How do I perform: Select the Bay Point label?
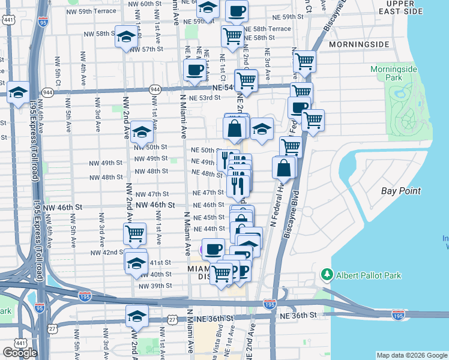[x=401, y=191]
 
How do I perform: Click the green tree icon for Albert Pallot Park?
[x=327, y=275]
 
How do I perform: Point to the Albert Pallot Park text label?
[x=368, y=275]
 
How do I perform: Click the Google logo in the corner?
[x=19, y=353]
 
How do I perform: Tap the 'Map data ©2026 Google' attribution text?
[x=412, y=355]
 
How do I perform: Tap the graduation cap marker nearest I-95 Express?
[x=19, y=92]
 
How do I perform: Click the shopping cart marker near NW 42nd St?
[x=135, y=233]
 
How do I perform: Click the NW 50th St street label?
[x=151, y=147]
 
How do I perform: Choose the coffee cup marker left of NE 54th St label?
[x=194, y=70]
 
